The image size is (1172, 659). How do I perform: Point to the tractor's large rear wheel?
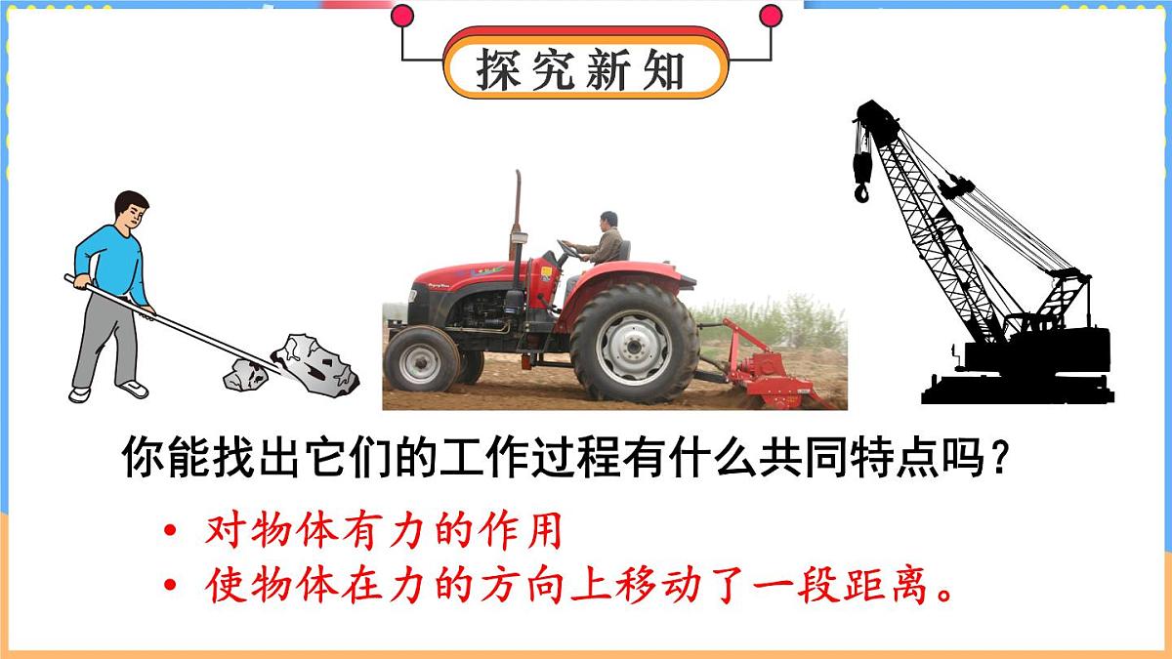pos(634,343)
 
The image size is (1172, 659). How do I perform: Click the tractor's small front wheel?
pos(420,358)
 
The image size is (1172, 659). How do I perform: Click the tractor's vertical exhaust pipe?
pos(517,215)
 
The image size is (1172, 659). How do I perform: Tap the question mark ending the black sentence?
pos(998,458)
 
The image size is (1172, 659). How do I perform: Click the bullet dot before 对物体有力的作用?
pos(172,533)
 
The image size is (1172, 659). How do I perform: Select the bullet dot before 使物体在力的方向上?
pos(172,586)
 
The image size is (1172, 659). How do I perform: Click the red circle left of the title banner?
pos(402,16)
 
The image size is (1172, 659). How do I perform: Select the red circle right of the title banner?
pos(771,16)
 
